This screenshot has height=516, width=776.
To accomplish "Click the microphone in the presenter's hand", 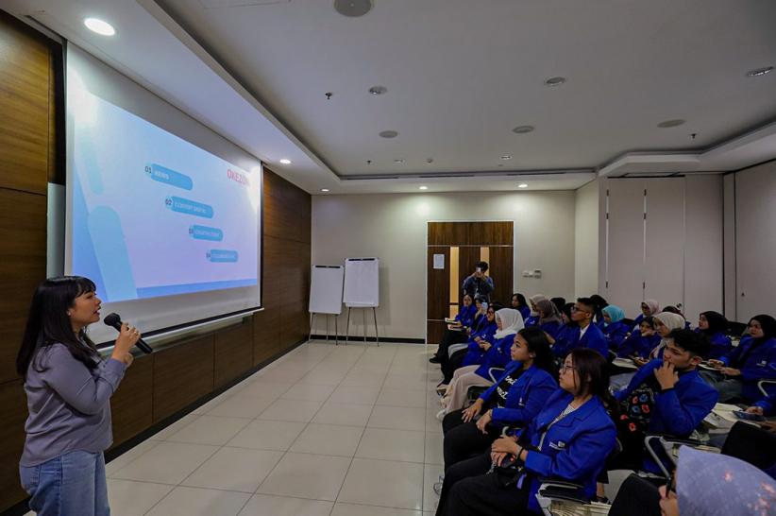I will [127, 332].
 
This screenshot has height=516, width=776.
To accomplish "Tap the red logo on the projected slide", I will [237, 176].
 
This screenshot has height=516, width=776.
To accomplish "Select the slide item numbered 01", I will [170, 177].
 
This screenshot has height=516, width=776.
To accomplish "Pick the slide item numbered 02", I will [189, 207].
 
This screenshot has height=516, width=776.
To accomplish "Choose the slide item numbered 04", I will [222, 255].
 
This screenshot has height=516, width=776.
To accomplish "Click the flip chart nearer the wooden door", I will [361, 283].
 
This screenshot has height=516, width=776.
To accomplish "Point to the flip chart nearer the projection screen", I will [327, 289].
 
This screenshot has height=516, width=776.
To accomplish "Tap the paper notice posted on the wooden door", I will [438, 261].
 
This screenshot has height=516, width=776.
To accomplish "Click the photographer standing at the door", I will [479, 283].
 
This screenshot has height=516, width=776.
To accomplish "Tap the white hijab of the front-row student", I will [510, 322].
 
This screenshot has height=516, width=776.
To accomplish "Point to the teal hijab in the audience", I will [614, 314].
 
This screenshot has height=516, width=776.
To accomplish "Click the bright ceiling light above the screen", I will [99, 27].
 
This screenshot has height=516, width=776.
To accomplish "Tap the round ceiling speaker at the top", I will [353, 7].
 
